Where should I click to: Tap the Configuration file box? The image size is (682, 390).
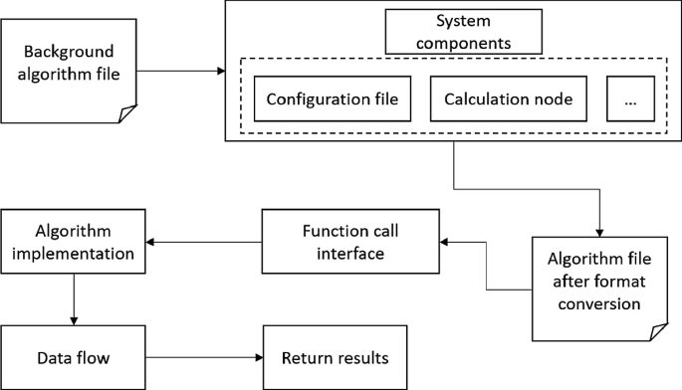[333, 99]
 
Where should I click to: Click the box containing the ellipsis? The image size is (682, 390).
[629, 99]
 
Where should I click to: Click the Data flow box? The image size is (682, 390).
[73, 356]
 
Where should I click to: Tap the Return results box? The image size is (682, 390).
[335, 356]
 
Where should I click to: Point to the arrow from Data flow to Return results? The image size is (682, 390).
[203, 356]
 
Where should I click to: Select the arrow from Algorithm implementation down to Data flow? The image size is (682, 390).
[73, 298]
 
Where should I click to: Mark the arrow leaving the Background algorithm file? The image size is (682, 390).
[179, 72]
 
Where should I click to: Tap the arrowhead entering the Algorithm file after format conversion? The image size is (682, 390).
[600, 228]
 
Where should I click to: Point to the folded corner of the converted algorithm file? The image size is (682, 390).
[658, 331]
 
